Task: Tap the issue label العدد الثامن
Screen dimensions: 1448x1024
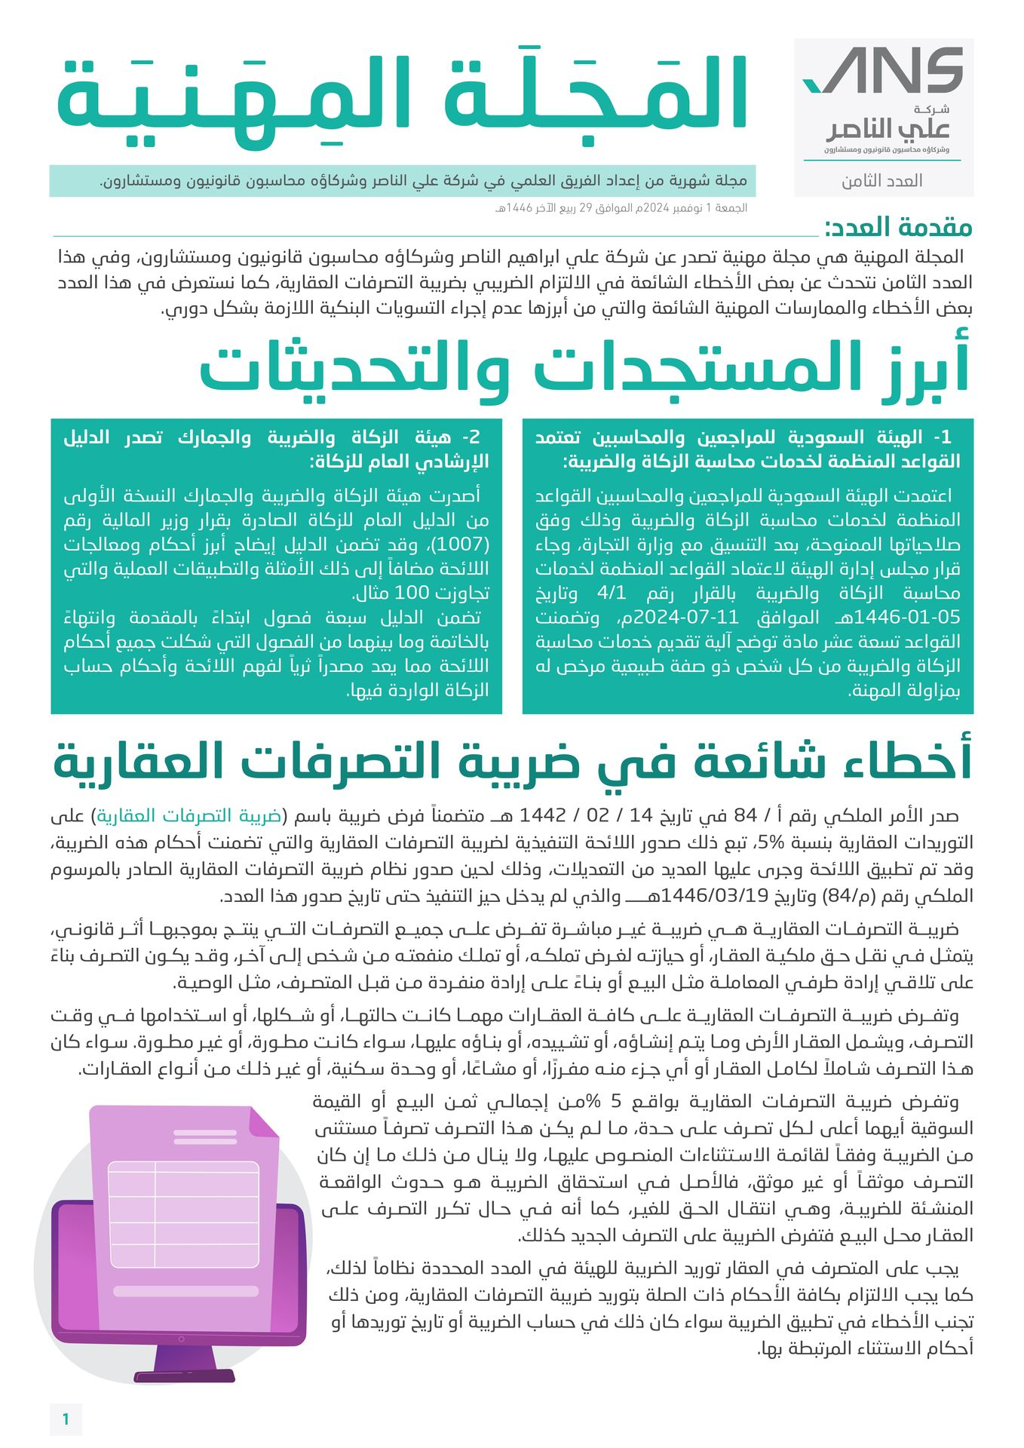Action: (x=882, y=181)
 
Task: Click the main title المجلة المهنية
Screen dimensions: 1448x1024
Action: (x=402, y=95)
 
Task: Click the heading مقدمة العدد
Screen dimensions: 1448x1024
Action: (x=898, y=227)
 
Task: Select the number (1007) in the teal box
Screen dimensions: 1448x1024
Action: (x=466, y=545)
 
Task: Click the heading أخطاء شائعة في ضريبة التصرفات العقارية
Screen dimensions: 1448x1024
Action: (x=513, y=762)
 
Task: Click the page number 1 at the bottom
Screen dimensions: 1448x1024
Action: (x=66, y=1419)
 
